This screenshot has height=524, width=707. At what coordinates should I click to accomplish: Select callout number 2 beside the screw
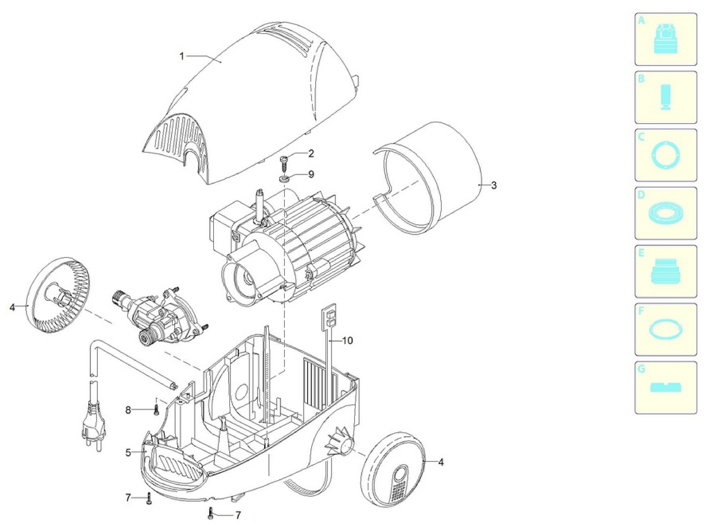click(311, 154)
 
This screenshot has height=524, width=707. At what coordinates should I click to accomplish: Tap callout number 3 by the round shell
click(493, 185)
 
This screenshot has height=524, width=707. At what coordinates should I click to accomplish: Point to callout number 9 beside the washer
click(311, 174)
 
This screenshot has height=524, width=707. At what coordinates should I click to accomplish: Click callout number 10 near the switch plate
click(347, 341)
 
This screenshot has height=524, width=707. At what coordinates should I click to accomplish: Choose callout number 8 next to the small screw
click(128, 410)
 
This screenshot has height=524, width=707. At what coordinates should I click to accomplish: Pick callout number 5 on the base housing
click(128, 453)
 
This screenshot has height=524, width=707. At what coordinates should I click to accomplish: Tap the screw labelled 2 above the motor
click(284, 163)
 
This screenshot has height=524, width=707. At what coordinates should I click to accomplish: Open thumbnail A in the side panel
click(666, 39)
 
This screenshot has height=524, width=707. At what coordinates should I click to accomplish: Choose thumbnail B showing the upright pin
click(666, 97)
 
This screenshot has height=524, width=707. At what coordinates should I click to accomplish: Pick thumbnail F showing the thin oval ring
click(666, 330)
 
